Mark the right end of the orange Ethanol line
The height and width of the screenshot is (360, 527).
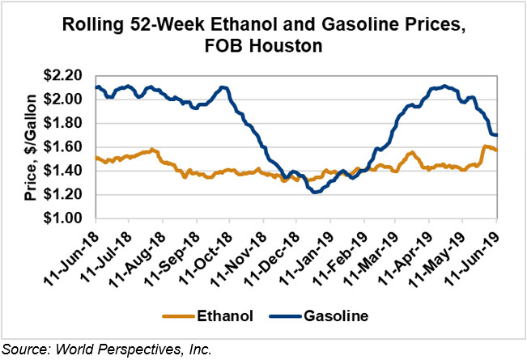tap(496, 150)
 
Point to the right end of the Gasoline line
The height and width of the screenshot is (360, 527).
tap(496, 135)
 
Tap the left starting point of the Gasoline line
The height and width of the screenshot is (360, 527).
tap(96, 87)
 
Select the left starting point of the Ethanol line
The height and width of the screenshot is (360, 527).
tap(96, 158)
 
